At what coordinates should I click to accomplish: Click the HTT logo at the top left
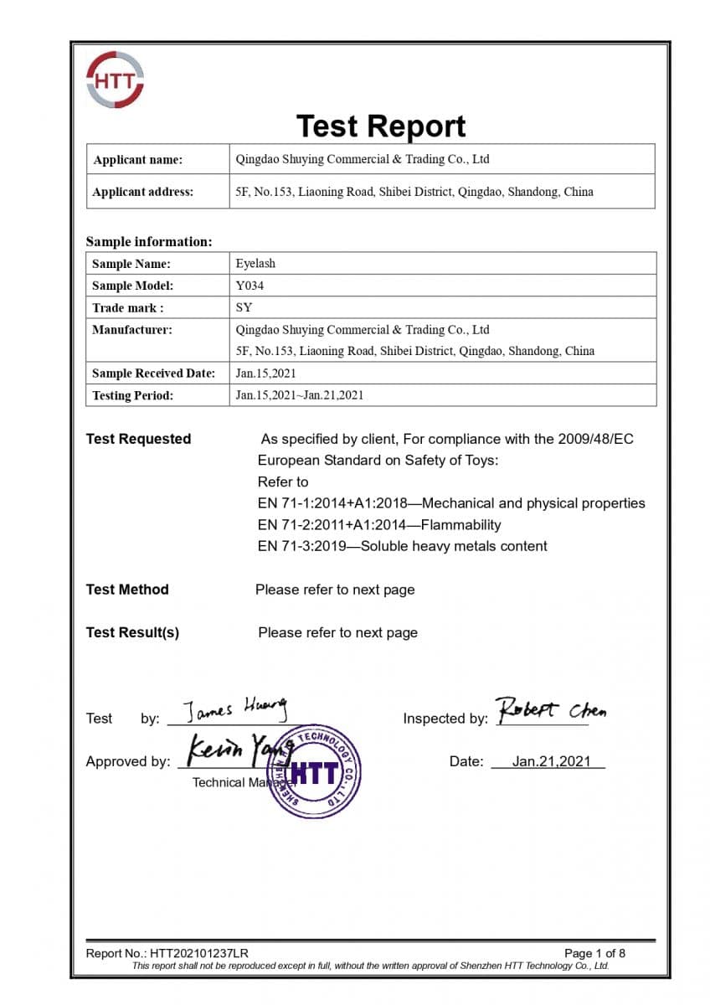coord(115,80)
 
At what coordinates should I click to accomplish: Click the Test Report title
coord(381,126)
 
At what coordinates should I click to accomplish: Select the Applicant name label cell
coord(137,159)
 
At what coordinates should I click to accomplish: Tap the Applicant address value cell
coord(414,192)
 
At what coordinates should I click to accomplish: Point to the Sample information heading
coord(149,242)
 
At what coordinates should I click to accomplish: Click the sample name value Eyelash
coord(255,263)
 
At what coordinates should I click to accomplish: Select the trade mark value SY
coord(244,307)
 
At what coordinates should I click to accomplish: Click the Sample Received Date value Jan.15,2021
coord(265,374)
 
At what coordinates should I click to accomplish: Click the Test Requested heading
coord(138,439)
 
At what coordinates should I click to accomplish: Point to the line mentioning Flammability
coord(379,525)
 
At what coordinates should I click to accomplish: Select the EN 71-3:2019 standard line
coord(402,546)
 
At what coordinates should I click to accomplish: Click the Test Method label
coord(127,590)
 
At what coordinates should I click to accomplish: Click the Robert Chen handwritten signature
coord(551,709)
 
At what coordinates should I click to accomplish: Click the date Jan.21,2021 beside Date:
coord(551,761)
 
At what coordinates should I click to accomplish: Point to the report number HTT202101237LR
coord(199,953)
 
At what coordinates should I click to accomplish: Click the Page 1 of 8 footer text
coord(594,953)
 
